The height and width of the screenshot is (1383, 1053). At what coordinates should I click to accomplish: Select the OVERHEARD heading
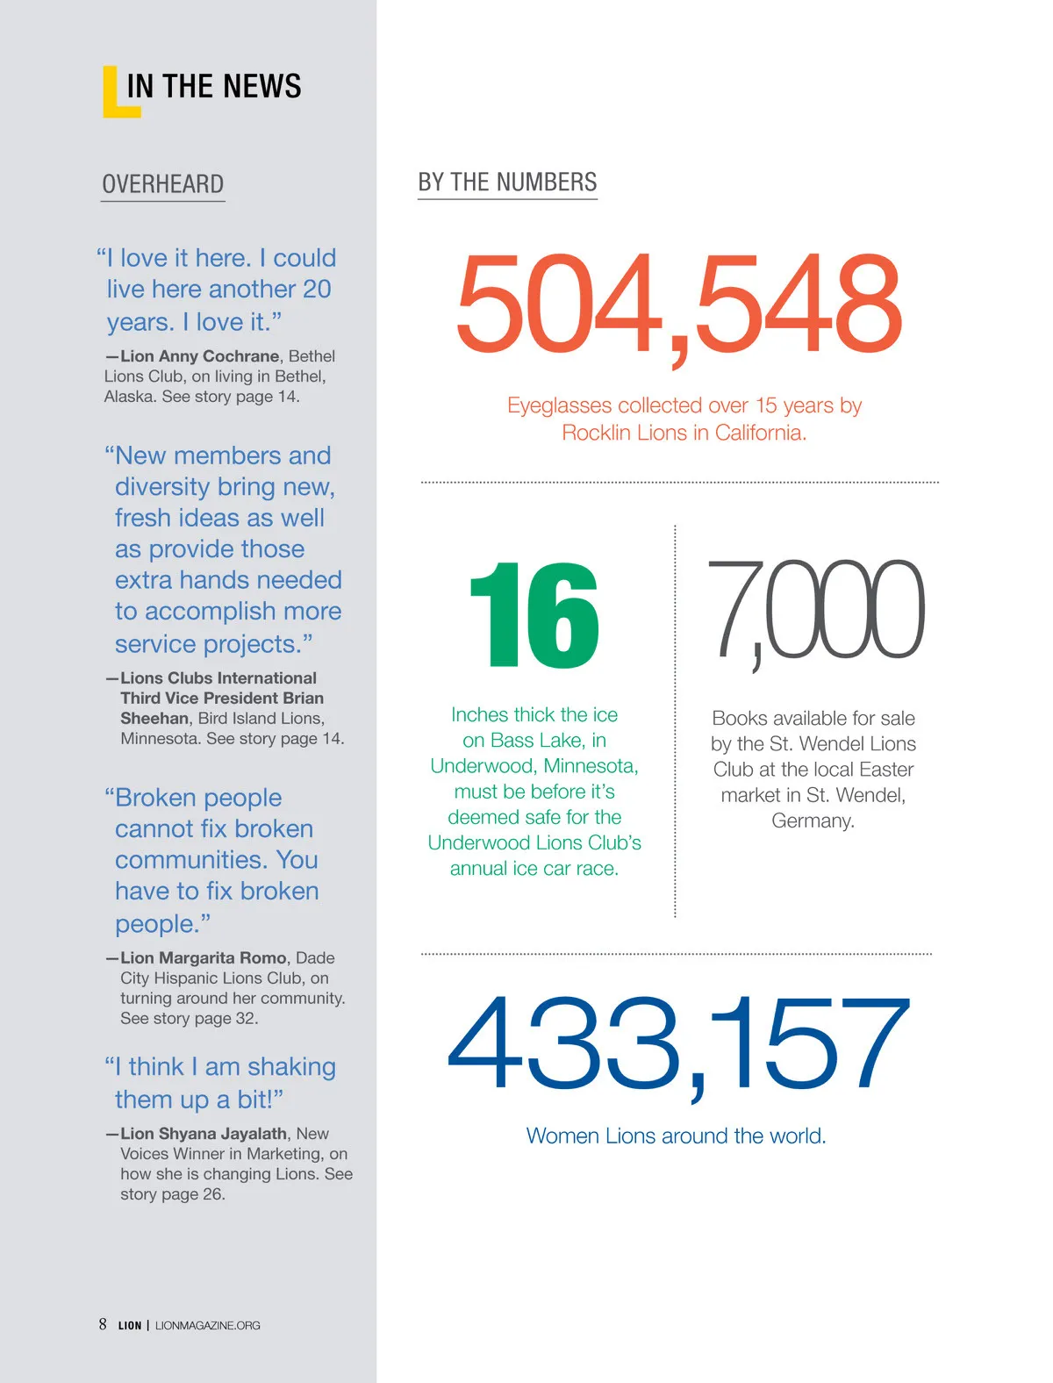[162, 184]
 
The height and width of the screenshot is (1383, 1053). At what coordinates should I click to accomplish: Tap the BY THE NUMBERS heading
[507, 183]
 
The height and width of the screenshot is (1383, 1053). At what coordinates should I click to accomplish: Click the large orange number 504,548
[678, 304]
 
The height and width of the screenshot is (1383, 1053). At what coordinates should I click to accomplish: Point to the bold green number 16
[534, 615]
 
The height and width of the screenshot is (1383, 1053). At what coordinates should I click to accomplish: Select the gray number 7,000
[815, 610]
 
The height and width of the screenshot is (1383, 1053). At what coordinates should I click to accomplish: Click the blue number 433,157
[677, 1044]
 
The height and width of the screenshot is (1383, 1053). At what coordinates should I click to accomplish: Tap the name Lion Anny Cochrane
[200, 356]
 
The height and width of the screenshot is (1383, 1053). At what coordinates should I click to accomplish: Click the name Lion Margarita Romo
[204, 958]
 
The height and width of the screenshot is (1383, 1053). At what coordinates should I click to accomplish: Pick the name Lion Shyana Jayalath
[204, 1134]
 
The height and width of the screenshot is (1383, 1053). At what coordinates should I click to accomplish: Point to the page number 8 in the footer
[103, 1324]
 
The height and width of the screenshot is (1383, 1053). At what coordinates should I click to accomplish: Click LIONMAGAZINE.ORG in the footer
[208, 1326]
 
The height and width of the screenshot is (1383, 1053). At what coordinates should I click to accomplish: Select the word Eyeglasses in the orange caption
[559, 405]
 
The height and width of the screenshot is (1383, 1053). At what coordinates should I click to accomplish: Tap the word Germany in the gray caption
[812, 821]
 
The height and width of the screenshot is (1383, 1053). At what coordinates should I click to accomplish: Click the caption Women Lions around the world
[676, 1136]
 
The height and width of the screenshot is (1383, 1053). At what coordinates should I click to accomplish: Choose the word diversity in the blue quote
[162, 487]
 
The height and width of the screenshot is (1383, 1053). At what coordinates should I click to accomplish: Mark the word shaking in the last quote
[291, 1067]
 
